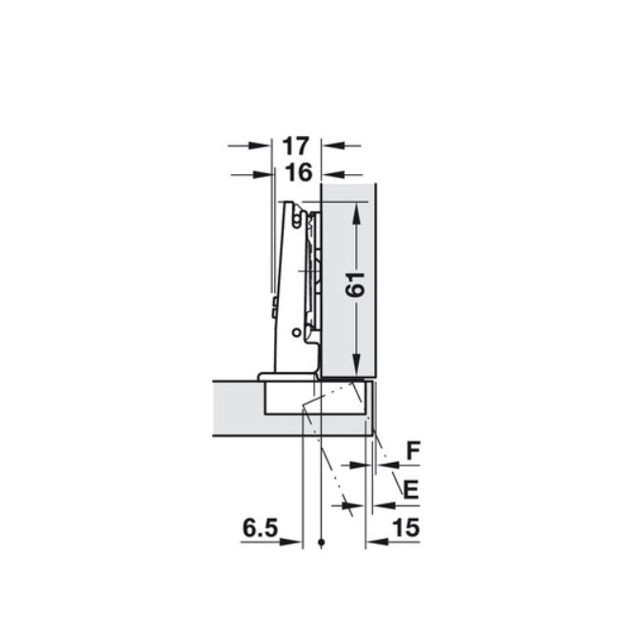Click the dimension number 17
[x=295, y=146]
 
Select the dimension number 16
[x=299, y=173]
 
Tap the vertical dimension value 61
[x=355, y=285]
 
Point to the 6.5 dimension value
[x=261, y=528]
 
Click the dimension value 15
[x=406, y=527]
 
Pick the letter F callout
[x=413, y=450]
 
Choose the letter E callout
[x=411, y=489]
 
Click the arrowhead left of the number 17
[x=258, y=146]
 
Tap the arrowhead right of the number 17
[x=333, y=146]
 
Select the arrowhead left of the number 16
[x=263, y=174]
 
